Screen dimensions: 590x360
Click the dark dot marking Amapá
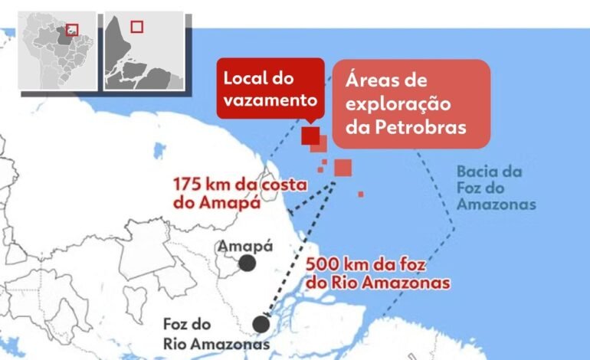(x=247, y=263)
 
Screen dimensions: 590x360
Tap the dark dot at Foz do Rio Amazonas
(x=261, y=324)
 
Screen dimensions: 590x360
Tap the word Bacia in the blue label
(x=477, y=172)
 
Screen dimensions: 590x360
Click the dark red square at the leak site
(x=310, y=136)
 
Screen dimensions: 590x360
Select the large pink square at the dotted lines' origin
(x=343, y=167)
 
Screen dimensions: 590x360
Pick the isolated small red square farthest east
(x=361, y=194)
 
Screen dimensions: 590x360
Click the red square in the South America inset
(x=74, y=31)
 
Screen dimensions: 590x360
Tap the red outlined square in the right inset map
(x=136, y=27)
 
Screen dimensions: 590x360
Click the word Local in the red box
(x=243, y=78)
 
